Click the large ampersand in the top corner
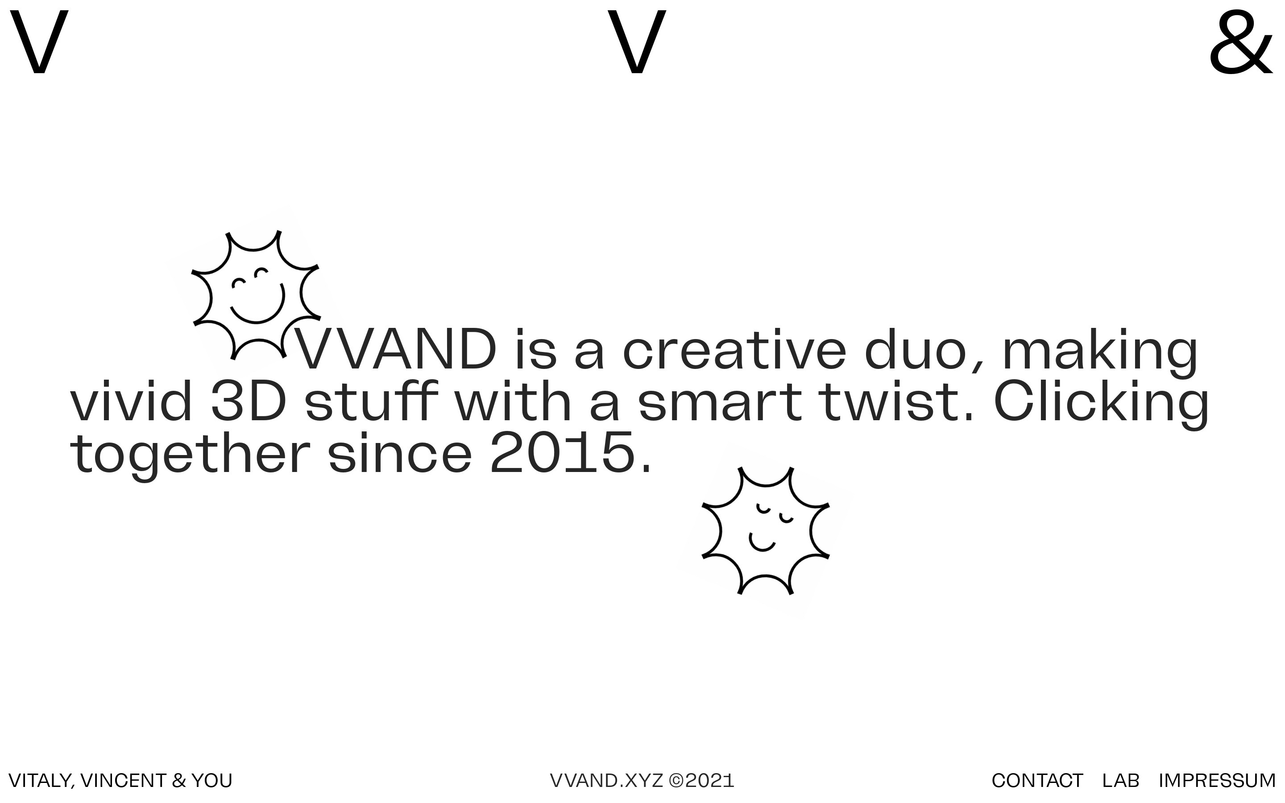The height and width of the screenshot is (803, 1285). (1240, 42)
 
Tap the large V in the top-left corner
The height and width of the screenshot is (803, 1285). (39, 42)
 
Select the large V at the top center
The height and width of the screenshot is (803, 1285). (636, 42)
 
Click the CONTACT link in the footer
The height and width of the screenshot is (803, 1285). (1037, 781)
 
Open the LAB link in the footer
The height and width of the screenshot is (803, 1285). (1120, 781)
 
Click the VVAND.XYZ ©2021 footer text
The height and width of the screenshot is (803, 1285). (642, 781)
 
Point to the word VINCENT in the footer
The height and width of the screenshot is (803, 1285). (124, 781)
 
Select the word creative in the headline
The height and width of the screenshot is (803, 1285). (734, 349)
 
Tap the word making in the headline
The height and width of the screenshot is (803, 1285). (1100, 354)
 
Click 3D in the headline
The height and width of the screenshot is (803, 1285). (249, 401)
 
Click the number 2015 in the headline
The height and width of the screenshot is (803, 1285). (563, 452)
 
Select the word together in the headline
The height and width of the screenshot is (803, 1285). (190, 455)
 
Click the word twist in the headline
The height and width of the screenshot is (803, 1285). (891, 401)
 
